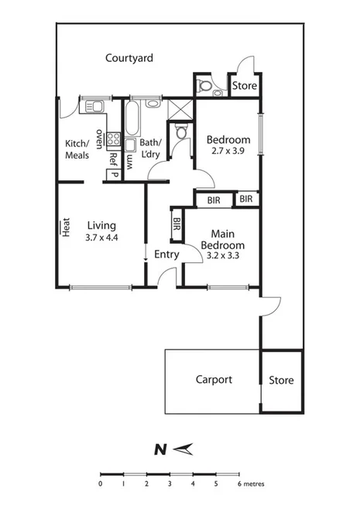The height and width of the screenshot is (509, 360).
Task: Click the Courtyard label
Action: (129, 58)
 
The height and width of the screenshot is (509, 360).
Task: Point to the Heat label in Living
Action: (67, 227)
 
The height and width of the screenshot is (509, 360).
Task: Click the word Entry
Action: (166, 254)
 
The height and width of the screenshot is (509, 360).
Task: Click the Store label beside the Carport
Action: (281, 381)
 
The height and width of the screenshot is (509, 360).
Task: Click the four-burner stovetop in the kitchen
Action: (112, 140)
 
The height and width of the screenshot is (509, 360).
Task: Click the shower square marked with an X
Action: (179, 108)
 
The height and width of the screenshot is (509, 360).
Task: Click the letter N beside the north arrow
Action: (159, 449)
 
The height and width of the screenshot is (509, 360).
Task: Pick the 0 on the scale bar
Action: (100, 483)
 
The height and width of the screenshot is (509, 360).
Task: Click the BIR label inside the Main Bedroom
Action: (177, 225)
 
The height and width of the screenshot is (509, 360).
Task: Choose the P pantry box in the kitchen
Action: (113, 175)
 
